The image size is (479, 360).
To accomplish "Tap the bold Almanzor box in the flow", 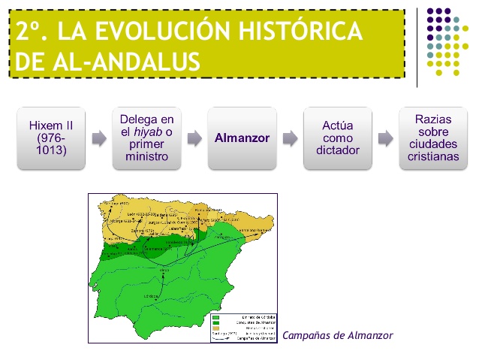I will tap(242, 138).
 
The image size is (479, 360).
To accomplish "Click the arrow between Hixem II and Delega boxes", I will tap(98, 138).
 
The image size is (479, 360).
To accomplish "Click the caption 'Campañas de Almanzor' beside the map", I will tap(337, 334).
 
